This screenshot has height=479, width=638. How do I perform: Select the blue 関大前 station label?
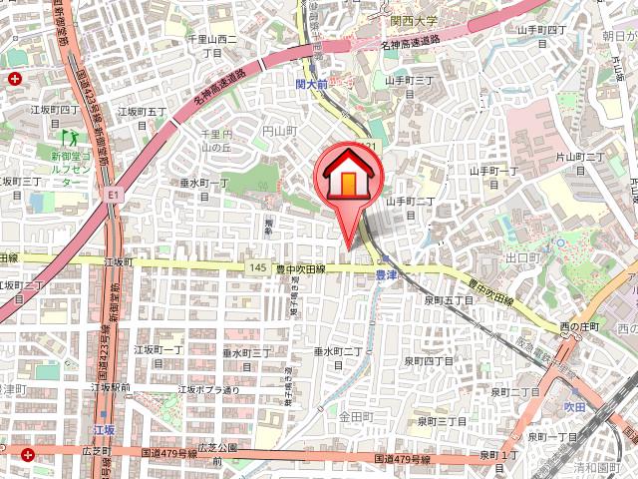point(312,86)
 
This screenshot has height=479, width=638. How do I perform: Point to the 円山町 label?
point(280,130)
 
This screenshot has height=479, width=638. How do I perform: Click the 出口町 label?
point(522,256)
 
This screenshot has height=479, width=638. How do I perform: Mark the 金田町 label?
point(355,415)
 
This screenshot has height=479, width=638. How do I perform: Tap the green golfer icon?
point(69,133)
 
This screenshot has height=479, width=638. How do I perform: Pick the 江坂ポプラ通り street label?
point(208,389)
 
